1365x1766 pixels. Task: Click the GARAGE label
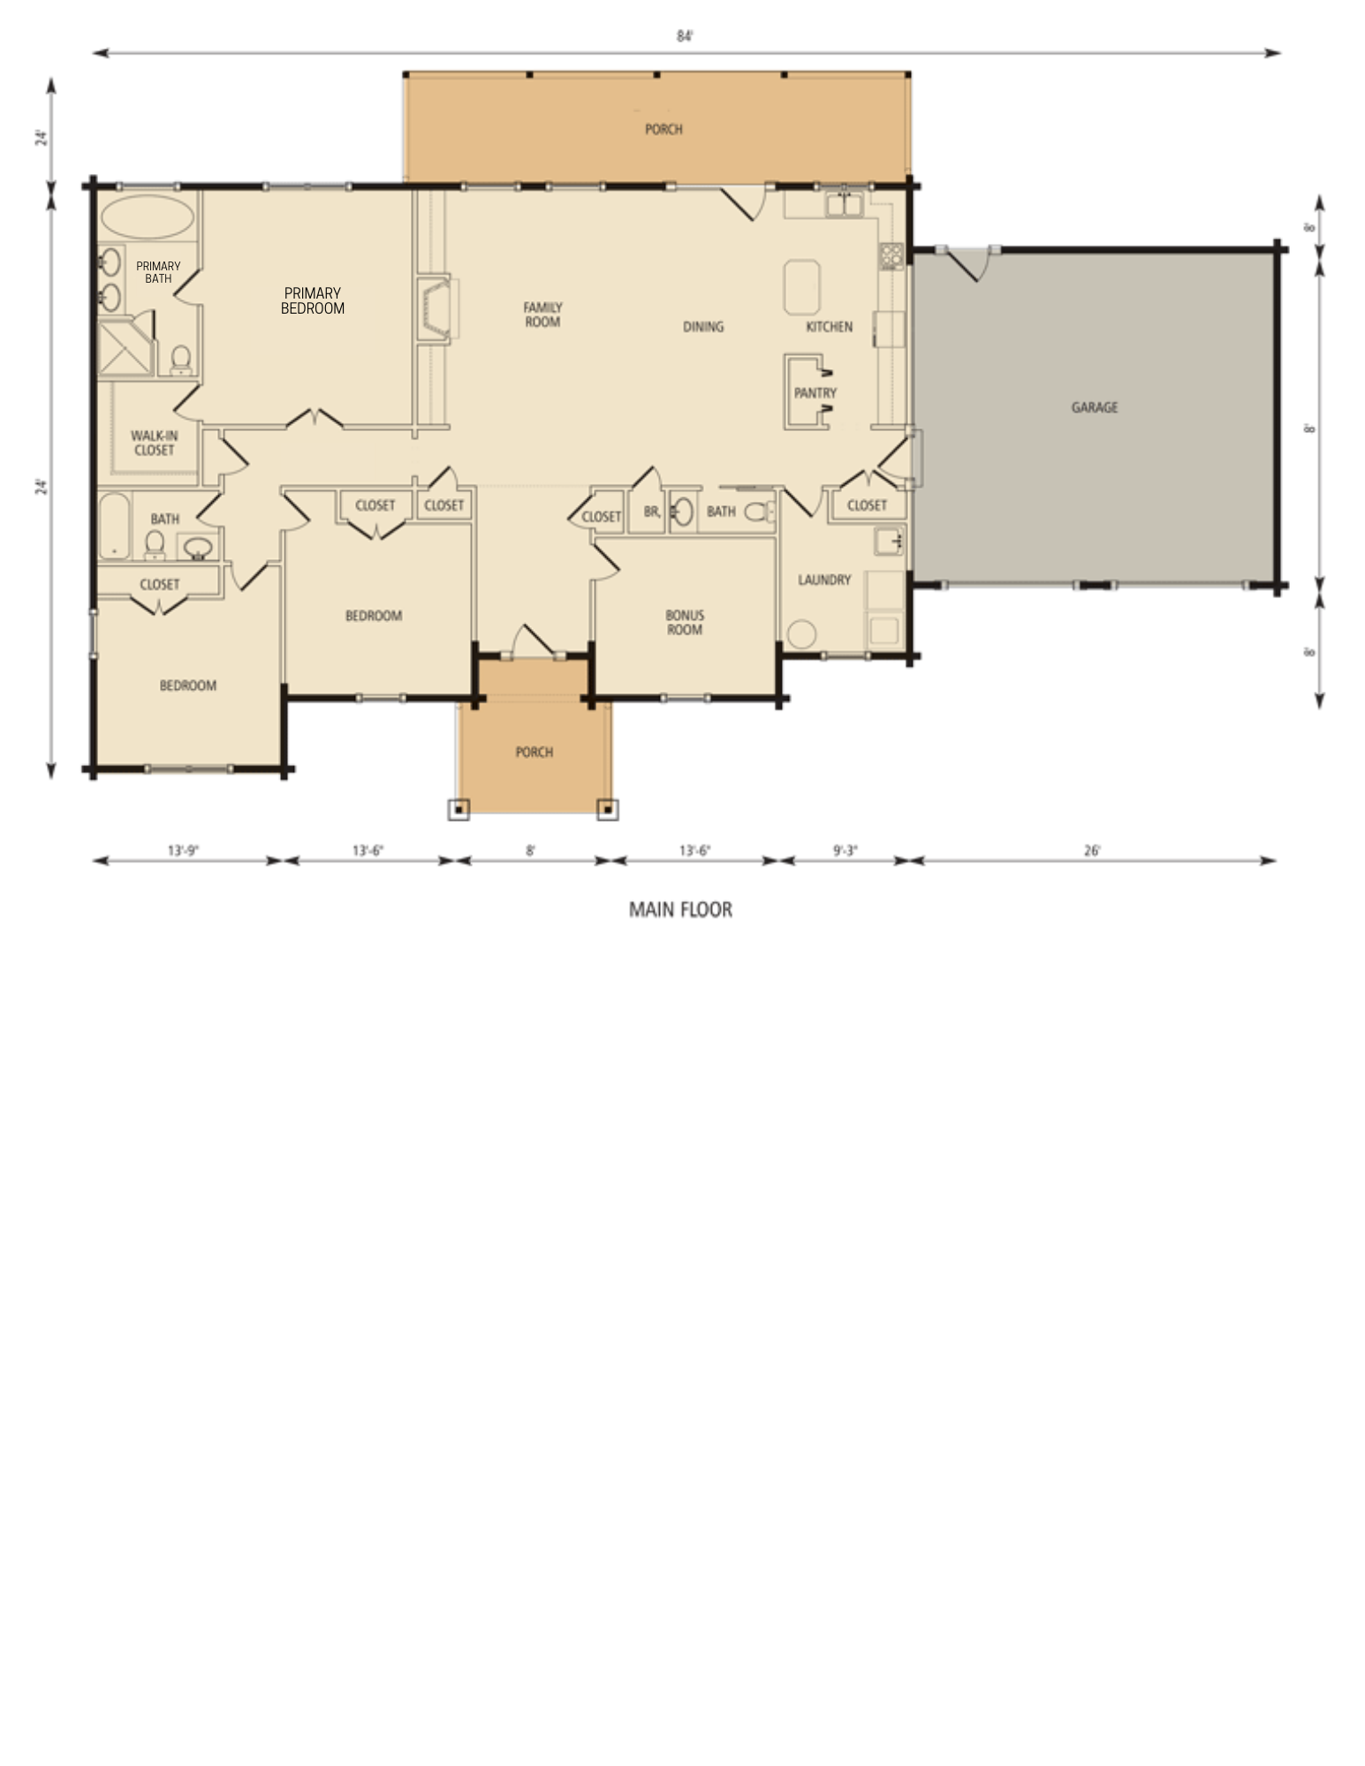1094,407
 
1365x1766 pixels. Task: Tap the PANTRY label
815,393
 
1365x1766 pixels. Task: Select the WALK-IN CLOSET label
154,443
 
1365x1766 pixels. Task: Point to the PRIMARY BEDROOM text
312,301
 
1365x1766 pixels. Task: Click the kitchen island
802,287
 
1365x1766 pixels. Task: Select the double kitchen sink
845,206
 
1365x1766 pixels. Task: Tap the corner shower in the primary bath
124,347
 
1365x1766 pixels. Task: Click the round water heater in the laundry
802,634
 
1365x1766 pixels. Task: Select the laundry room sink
888,540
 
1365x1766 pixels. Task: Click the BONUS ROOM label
685,623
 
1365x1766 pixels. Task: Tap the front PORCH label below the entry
534,752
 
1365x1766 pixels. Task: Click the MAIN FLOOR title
680,909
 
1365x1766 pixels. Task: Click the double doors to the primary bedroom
315,419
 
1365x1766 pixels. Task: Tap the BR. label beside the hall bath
652,512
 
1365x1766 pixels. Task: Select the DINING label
703,327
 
